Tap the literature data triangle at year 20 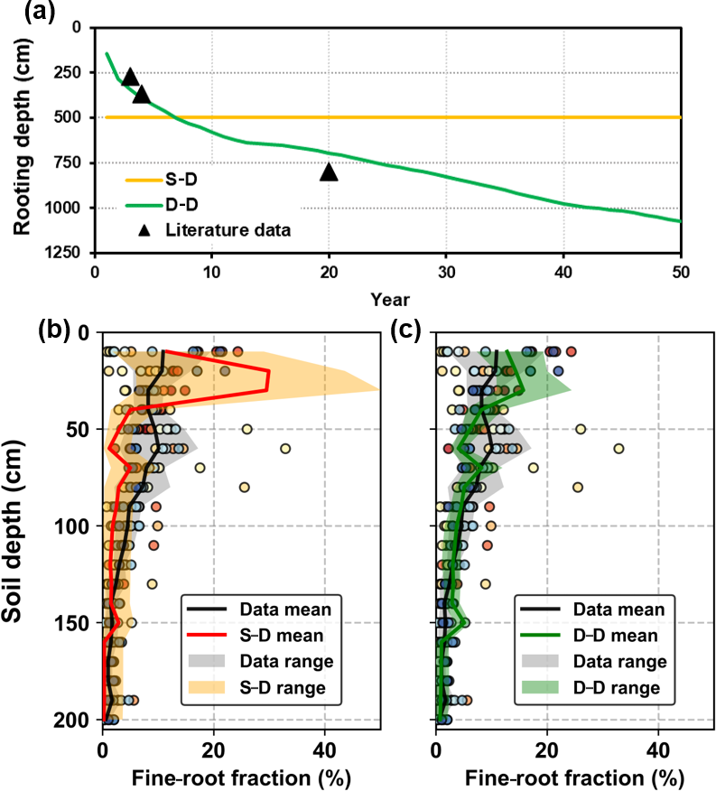pos(329,172)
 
